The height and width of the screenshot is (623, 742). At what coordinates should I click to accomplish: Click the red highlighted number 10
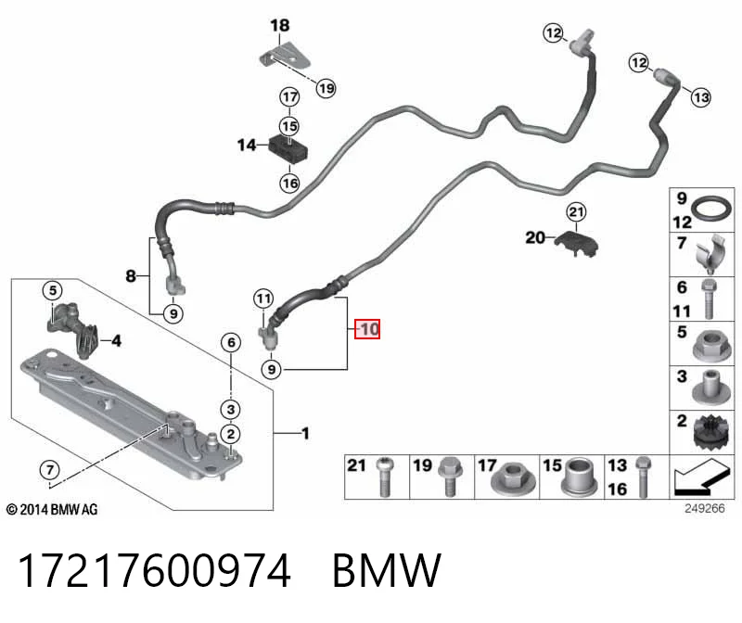367,329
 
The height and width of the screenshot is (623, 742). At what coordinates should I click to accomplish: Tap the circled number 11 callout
263,299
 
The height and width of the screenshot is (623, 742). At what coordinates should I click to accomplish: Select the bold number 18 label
280,25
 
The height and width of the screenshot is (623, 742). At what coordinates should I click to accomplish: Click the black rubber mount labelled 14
288,148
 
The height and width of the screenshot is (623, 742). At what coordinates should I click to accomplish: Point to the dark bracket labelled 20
576,243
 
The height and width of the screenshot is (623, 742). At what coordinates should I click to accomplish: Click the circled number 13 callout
701,97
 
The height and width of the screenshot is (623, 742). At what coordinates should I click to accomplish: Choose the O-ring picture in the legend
711,209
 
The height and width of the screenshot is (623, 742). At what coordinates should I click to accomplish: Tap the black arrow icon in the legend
701,477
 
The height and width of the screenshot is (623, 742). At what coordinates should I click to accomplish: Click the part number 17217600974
154,570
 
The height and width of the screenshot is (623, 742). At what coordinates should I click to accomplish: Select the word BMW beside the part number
387,570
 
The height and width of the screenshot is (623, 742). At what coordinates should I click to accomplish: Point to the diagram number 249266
704,508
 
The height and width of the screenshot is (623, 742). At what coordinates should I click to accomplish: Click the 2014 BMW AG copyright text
52,510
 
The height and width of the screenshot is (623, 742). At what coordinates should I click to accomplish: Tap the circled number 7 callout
50,470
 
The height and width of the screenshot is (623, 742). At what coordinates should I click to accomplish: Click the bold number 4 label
117,340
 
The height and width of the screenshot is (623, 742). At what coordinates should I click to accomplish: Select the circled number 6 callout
231,342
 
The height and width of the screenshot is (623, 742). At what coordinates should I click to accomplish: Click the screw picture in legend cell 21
385,477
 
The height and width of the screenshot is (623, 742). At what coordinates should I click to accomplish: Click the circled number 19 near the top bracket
326,88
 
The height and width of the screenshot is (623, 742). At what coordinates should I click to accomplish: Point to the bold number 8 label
131,275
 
